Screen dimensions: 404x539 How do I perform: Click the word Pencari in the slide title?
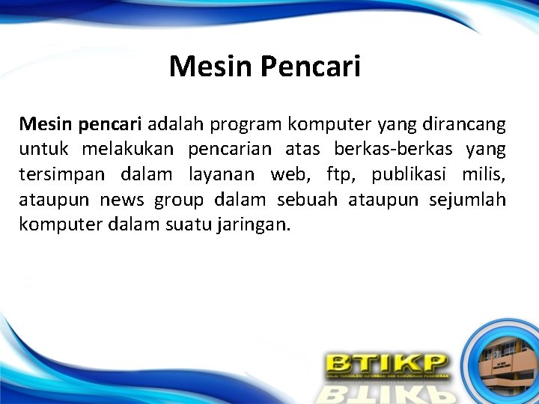[310, 67]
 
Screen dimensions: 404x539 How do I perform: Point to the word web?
[288, 174]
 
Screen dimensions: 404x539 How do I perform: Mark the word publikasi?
[408, 174]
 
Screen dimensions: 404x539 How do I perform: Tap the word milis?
[484, 174]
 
